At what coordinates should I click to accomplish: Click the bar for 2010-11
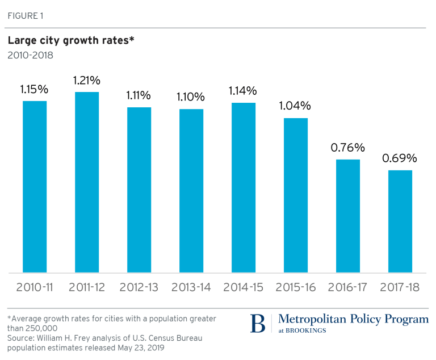click(35, 187)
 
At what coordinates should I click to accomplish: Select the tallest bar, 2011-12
click(87, 182)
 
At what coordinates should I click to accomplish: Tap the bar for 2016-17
click(348, 216)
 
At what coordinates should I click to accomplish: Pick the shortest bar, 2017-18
click(400, 221)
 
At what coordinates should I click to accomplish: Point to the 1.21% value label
click(87, 81)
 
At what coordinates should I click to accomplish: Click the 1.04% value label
click(295, 106)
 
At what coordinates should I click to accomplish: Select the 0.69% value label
click(400, 158)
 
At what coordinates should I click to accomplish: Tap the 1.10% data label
click(191, 97)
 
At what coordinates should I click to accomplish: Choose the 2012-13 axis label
click(139, 287)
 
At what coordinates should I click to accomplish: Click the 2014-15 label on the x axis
click(244, 287)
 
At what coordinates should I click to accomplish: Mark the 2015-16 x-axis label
click(296, 287)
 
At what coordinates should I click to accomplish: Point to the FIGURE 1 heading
click(26, 16)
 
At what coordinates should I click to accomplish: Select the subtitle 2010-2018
click(30, 56)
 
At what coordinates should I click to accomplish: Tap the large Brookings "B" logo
click(258, 323)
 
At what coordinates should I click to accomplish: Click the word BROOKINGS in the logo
click(306, 330)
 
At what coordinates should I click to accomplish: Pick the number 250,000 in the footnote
click(41, 328)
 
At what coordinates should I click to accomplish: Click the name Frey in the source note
click(82, 338)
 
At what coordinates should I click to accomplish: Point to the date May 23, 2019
click(141, 348)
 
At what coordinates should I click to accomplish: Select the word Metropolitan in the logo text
click(312, 319)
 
